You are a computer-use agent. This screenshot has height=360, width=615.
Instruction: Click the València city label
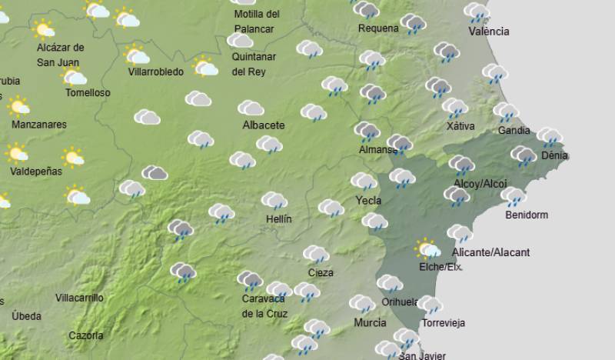tap(488, 32)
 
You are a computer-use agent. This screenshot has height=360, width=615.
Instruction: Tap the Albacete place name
tap(263, 125)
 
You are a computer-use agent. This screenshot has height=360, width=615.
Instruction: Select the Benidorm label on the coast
tap(527, 215)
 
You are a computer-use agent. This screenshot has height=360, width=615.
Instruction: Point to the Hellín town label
tap(278, 219)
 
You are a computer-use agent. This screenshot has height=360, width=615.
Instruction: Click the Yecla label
tap(368, 200)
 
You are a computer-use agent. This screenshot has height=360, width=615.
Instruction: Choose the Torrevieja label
tap(443, 323)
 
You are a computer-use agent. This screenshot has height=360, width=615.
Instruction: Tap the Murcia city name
tap(370, 322)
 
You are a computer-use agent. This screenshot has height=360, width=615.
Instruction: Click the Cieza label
tap(320, 272)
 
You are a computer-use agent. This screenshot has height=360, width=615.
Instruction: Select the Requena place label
tap(378, 28)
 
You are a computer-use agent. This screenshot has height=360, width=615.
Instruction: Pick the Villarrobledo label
tap(156, 72)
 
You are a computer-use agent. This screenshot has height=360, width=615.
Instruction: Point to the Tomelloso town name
tap(88, 92)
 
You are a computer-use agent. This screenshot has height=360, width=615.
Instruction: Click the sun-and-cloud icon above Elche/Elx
tap(427, 248)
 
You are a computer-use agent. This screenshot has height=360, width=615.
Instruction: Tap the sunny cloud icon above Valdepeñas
tap(17, 153)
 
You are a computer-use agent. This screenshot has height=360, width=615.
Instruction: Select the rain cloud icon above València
tap(477, 12)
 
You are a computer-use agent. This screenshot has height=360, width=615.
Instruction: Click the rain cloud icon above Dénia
tap(549, 137)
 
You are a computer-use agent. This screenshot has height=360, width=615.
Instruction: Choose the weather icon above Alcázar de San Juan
tap(45, 29)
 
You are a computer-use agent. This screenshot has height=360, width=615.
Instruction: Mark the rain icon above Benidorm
tap(513, 196)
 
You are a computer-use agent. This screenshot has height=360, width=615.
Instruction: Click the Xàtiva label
tap(460, 126)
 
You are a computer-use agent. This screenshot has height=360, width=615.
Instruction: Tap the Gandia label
tap(514, 130)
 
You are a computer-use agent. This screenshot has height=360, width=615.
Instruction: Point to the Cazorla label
tap(85, 335)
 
